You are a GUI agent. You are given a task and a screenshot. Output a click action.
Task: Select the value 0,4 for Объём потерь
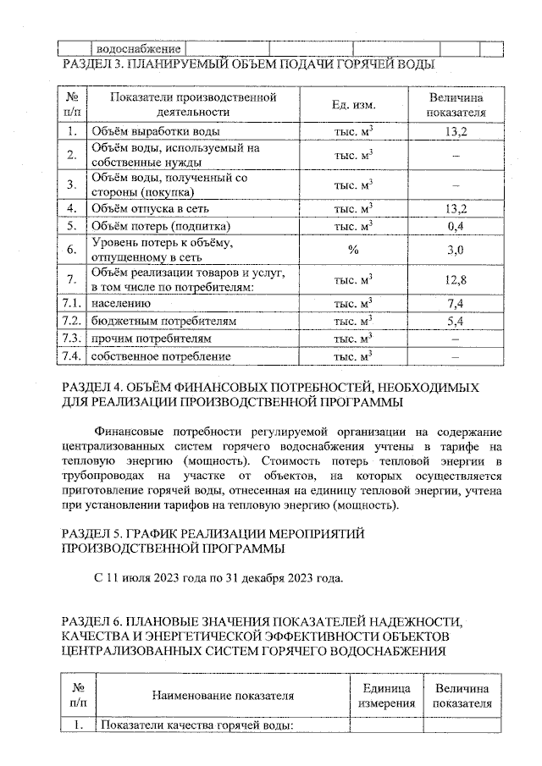[456, 226]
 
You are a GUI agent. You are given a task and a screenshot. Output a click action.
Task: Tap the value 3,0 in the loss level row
[456, 250]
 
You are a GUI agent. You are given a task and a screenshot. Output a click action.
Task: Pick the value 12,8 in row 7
[456, 279]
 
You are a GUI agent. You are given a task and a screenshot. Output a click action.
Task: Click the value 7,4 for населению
[456, 303]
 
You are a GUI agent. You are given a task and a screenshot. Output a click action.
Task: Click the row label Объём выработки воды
[156, 131]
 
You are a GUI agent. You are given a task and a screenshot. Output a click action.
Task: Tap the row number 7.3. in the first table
[73, 339]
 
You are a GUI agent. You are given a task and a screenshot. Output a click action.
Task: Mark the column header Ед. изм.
[354, 104]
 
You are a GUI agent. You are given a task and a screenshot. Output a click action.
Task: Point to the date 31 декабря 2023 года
[288, 578]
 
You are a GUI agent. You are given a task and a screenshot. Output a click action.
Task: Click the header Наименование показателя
[223, 696]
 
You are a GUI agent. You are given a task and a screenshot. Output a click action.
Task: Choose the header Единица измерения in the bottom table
[386, 696]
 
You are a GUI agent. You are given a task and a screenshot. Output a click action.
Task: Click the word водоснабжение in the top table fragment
[138, 49]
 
